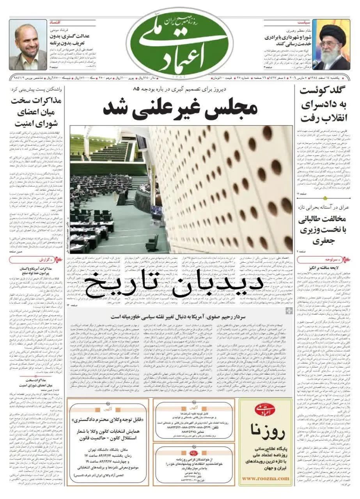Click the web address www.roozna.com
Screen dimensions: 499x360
(265, 478)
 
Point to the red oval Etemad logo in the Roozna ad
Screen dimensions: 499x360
(265, 409)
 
